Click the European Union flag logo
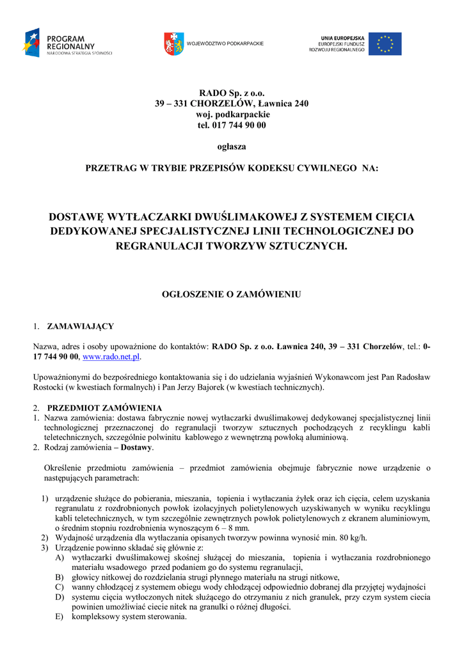point(385,44)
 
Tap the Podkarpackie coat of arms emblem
point(174,43)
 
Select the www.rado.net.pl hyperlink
point(111,356)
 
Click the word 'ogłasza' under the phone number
point(232,146)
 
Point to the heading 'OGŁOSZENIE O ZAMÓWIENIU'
point(232,295)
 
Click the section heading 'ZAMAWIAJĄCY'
point(81,326)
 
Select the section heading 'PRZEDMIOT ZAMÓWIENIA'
point(104,408)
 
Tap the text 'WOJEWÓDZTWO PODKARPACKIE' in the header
point(225,43)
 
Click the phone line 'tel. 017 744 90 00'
point(232,125)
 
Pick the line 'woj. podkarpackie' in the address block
point(232,114)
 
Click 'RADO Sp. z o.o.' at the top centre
point(232,93)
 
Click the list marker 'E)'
point(60,617)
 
